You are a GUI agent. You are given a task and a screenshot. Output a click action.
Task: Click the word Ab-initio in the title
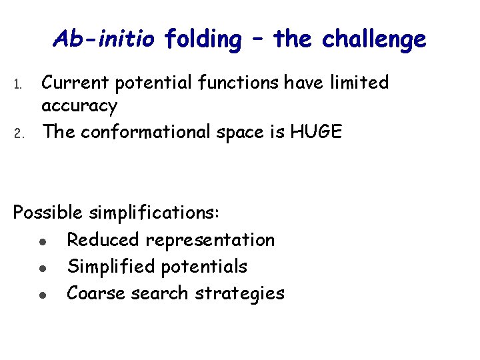coord(105,39)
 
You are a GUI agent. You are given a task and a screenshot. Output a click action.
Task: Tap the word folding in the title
coord(203,40)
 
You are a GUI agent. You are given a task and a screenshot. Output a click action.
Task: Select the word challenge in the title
coord(373,40)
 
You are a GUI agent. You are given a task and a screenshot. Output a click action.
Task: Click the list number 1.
coord(18,85)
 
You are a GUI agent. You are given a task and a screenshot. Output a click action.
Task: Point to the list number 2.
coord(18,133)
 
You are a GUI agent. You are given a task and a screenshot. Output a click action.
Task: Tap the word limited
coord(357,83)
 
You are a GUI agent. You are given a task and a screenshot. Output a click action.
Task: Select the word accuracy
coord(79,106)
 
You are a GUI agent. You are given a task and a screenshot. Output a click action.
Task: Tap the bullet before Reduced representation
coord(42,241)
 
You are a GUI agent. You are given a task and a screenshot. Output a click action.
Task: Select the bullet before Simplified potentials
coord(42,267)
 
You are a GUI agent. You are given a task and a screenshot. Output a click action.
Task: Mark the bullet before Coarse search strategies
coord(42,294)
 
